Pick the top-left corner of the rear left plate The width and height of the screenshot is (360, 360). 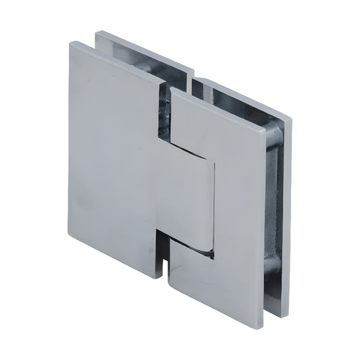pyautogui.click(x=95, y=30)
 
